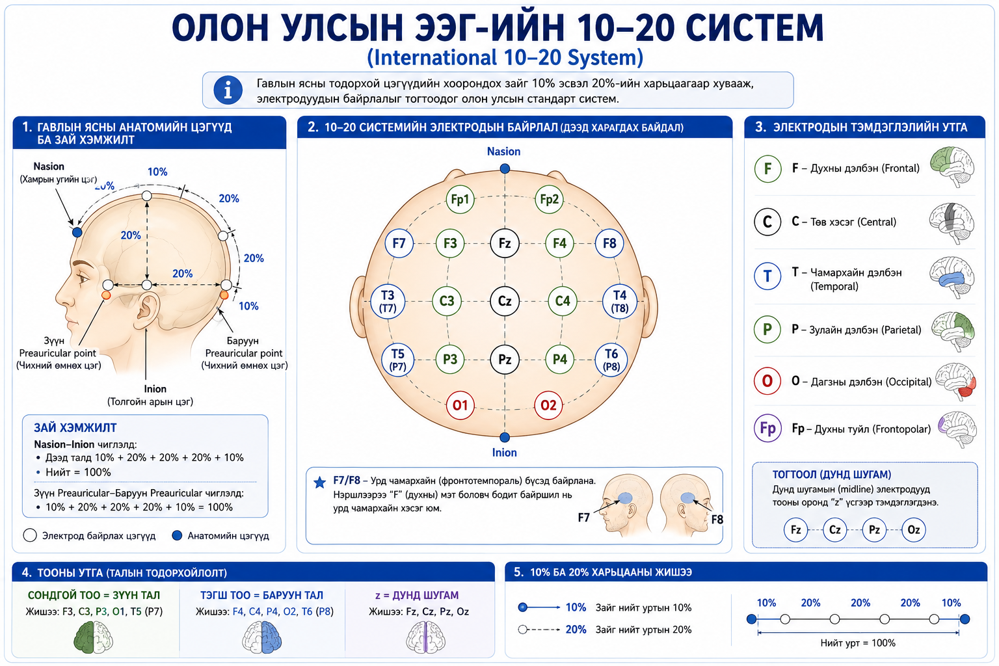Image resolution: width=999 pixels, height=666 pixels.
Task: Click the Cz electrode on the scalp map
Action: [505, 301]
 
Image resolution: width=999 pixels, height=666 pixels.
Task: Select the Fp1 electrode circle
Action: [460, 200]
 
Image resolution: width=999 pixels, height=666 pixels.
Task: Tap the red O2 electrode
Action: [548, 405]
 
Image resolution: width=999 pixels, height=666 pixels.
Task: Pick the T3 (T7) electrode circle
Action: [388, 301]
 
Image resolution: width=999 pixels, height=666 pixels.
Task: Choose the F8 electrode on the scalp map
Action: [609, 243]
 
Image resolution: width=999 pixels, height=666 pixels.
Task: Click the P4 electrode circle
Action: [560, 359]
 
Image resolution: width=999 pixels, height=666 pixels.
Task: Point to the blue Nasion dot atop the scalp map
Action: [505, 168]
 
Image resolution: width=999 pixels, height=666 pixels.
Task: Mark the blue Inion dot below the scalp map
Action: [505, 436]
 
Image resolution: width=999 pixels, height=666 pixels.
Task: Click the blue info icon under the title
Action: [228, 90]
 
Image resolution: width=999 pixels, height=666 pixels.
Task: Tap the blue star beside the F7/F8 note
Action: [319, 483]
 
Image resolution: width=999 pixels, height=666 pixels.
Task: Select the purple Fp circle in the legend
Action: [767, 428]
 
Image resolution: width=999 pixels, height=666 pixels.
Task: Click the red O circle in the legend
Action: [767, 381]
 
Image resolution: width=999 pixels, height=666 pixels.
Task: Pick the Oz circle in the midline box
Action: [913, 529]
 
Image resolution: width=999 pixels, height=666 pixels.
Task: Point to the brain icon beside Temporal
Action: [952, 276]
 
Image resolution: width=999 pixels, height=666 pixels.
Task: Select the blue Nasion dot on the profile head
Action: [77, 232]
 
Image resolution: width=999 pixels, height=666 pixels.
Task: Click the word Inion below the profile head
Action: [155, 389]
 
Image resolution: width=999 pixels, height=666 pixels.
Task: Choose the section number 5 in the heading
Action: [518, 572]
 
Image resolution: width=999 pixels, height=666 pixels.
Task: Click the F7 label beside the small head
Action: [584, 518]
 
